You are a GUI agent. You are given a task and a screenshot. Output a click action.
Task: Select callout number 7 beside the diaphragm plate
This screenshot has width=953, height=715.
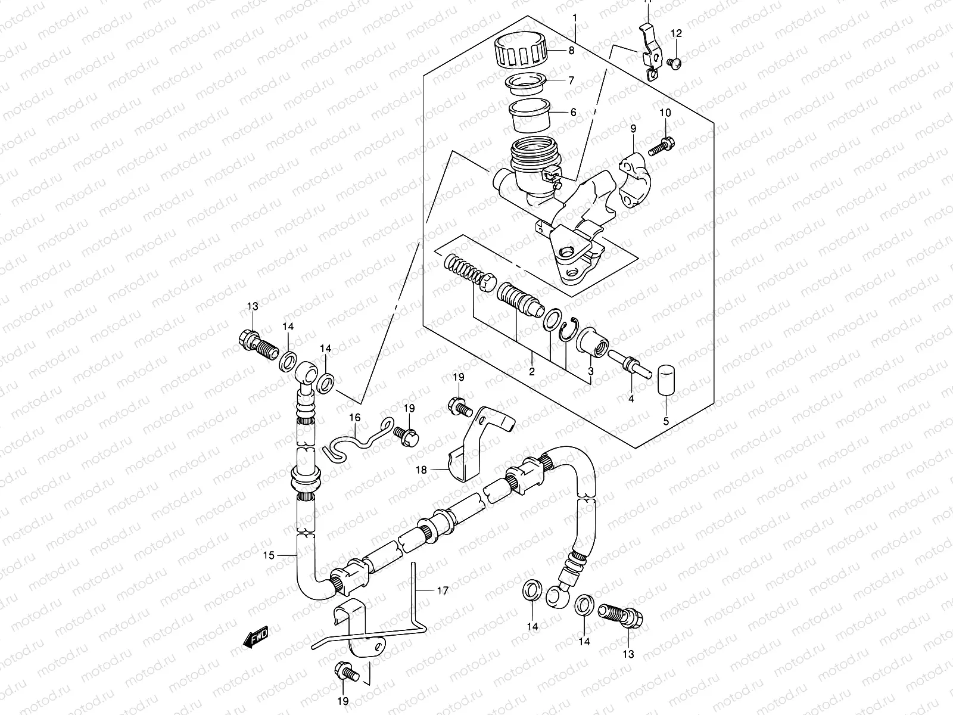[571, 80]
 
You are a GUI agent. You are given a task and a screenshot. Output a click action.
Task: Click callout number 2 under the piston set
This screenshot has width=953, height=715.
[532, 371]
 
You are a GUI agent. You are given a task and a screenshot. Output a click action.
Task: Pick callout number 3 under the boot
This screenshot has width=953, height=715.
[590, 371]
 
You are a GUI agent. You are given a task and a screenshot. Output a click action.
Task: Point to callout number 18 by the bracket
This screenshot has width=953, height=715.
[421, 470]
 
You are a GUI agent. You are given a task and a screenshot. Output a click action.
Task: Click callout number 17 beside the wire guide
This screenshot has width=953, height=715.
[441, 591]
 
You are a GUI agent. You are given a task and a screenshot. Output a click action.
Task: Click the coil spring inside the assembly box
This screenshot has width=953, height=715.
[462, 268]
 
